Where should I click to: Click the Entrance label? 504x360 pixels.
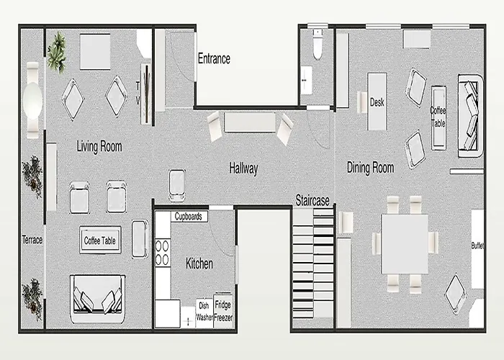(214, 58)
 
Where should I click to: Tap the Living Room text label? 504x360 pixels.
(99, 146)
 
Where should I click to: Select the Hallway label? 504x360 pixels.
(243, 168)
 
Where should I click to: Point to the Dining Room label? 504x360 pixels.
(370, 168)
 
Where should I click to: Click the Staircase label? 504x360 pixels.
(312, 201)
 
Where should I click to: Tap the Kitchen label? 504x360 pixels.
(199, 264)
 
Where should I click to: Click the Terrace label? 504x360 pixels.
(32, 240)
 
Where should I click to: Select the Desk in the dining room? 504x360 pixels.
(377, 102)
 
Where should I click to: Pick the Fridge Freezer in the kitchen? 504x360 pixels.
(223, 311)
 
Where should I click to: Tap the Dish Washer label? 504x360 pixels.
(204, 311)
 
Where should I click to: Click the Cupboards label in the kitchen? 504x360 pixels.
(189, 216)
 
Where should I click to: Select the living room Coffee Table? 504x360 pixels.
(100, 240)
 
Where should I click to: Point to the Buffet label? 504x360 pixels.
(477, 246)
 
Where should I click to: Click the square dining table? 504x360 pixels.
(405, 244)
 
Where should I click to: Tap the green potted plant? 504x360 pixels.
(57, 52)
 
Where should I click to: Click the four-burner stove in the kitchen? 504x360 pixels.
(162, 253)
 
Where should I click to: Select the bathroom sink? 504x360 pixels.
(306, 80)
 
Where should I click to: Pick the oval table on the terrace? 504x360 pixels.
(32, 101)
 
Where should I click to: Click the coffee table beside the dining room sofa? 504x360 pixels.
(438, 117)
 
